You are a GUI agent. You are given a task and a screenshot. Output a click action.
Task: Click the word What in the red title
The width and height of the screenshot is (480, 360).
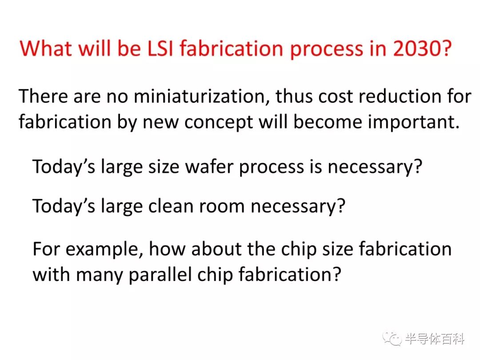46,48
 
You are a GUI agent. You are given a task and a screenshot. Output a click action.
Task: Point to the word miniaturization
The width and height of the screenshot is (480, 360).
199,96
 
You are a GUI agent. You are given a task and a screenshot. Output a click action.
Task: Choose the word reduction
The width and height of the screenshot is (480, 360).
400,96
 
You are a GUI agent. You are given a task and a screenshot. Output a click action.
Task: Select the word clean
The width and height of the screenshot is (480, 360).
171,206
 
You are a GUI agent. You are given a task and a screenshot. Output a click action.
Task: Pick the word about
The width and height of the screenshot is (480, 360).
216,248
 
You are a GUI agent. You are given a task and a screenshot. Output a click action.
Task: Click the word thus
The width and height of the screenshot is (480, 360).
294,96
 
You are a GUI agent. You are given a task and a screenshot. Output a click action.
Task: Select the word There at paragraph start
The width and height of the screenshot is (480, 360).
43,96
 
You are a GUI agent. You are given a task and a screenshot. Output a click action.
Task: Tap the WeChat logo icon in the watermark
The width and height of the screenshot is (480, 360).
392,339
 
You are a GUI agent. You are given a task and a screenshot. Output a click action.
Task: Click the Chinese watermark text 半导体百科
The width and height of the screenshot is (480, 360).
435,339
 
